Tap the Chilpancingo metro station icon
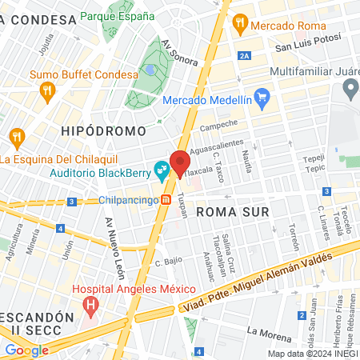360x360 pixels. point(166,200)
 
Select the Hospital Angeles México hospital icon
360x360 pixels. point(91,306)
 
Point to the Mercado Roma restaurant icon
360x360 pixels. point(239,26)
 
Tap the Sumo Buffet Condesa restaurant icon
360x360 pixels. point(47,90)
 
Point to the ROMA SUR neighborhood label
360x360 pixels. point(230,212)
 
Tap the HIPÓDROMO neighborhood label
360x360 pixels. point(104,130)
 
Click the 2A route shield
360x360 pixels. point(244,56)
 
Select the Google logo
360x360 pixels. point(26,350)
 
